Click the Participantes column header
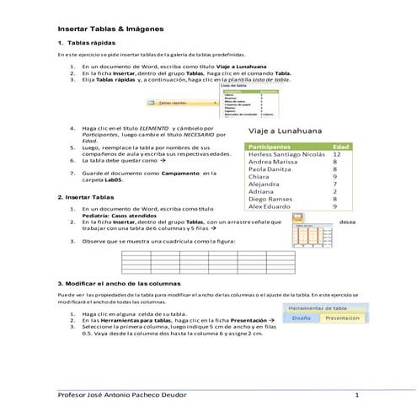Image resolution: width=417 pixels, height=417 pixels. (275, 146)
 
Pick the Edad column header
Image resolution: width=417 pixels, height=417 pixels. (341, 146)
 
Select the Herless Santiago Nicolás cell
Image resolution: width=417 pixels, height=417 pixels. (286, 155)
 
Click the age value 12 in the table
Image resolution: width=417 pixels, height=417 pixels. (337, 155)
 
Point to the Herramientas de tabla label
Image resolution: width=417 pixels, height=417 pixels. (323, 308)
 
